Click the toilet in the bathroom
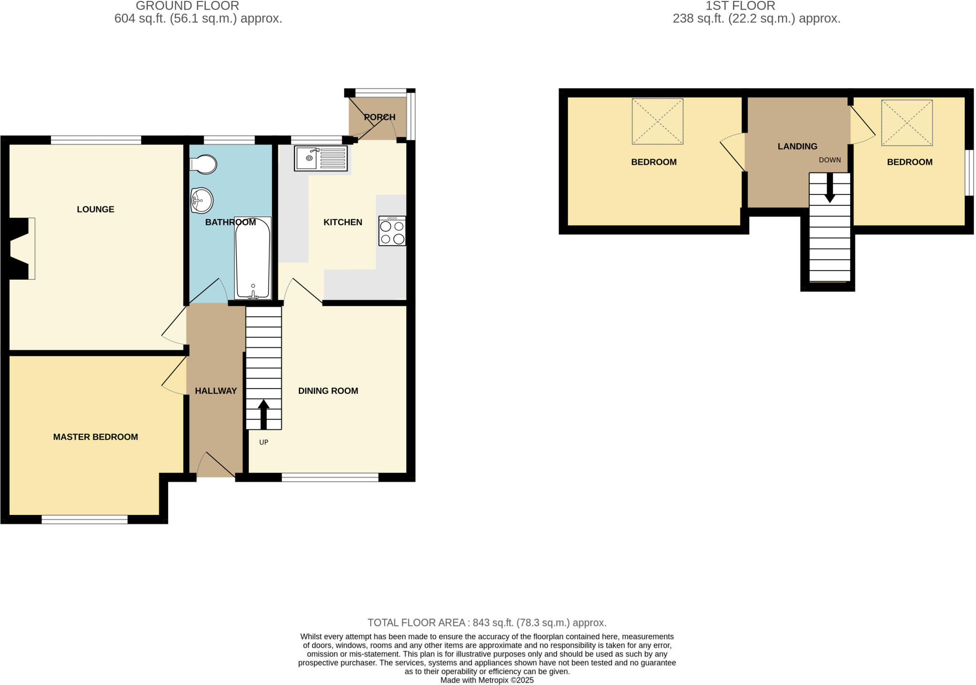coord(204,164)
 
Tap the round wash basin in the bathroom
coord(202,201)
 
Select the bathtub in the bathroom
coord(253,258)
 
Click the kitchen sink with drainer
coord(320,158)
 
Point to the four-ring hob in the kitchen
coord(392,231)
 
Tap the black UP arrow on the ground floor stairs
coord(264,413)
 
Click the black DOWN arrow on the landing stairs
coord(830,187)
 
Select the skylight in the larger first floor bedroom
coord(657,121)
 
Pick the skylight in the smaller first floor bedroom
coord(906,122)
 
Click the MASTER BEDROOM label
coord(95,437)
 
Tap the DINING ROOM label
coord(328,391)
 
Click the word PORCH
coord(379,117)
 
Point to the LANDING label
coord(797,146)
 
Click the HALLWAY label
coord(215,391)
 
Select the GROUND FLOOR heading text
coord(187,6)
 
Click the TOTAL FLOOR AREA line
coord(487,623)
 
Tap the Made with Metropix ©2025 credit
coord(487,680)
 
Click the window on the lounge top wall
coord(96,140)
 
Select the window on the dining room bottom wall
coord(330,477)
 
